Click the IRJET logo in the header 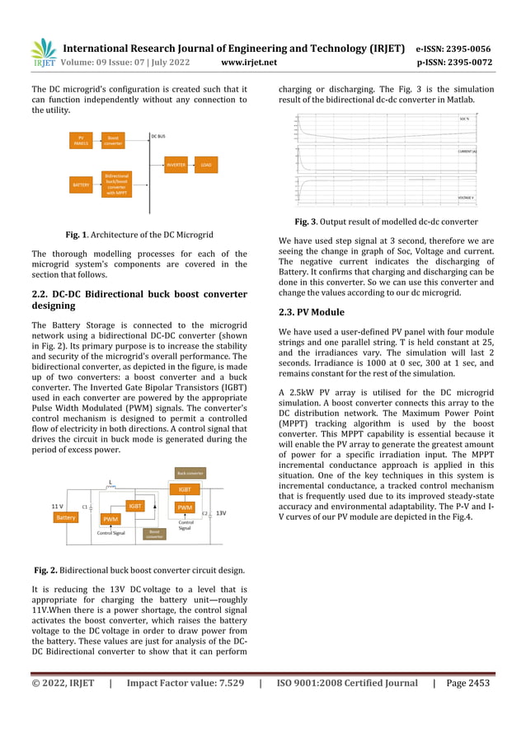coord(42,52)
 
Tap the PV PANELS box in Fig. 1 coord(81,141)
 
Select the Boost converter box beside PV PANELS coord(113,141)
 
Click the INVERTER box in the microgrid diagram coord(176,165)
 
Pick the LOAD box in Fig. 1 coord(206,165)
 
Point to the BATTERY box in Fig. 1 coord(81,185)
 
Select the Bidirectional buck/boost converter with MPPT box coord(116,185)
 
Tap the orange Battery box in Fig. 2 coord(65,518)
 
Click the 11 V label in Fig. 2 coord(58,505)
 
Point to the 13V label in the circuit coord(221,512)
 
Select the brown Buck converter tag coord(190,474)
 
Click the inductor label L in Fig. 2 coord(110,484)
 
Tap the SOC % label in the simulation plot coord(464,119)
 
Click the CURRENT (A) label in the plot coord(467,152)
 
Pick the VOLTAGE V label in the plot coord(466,198)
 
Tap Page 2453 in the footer coord(467,683)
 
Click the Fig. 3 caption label coord(309,222)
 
